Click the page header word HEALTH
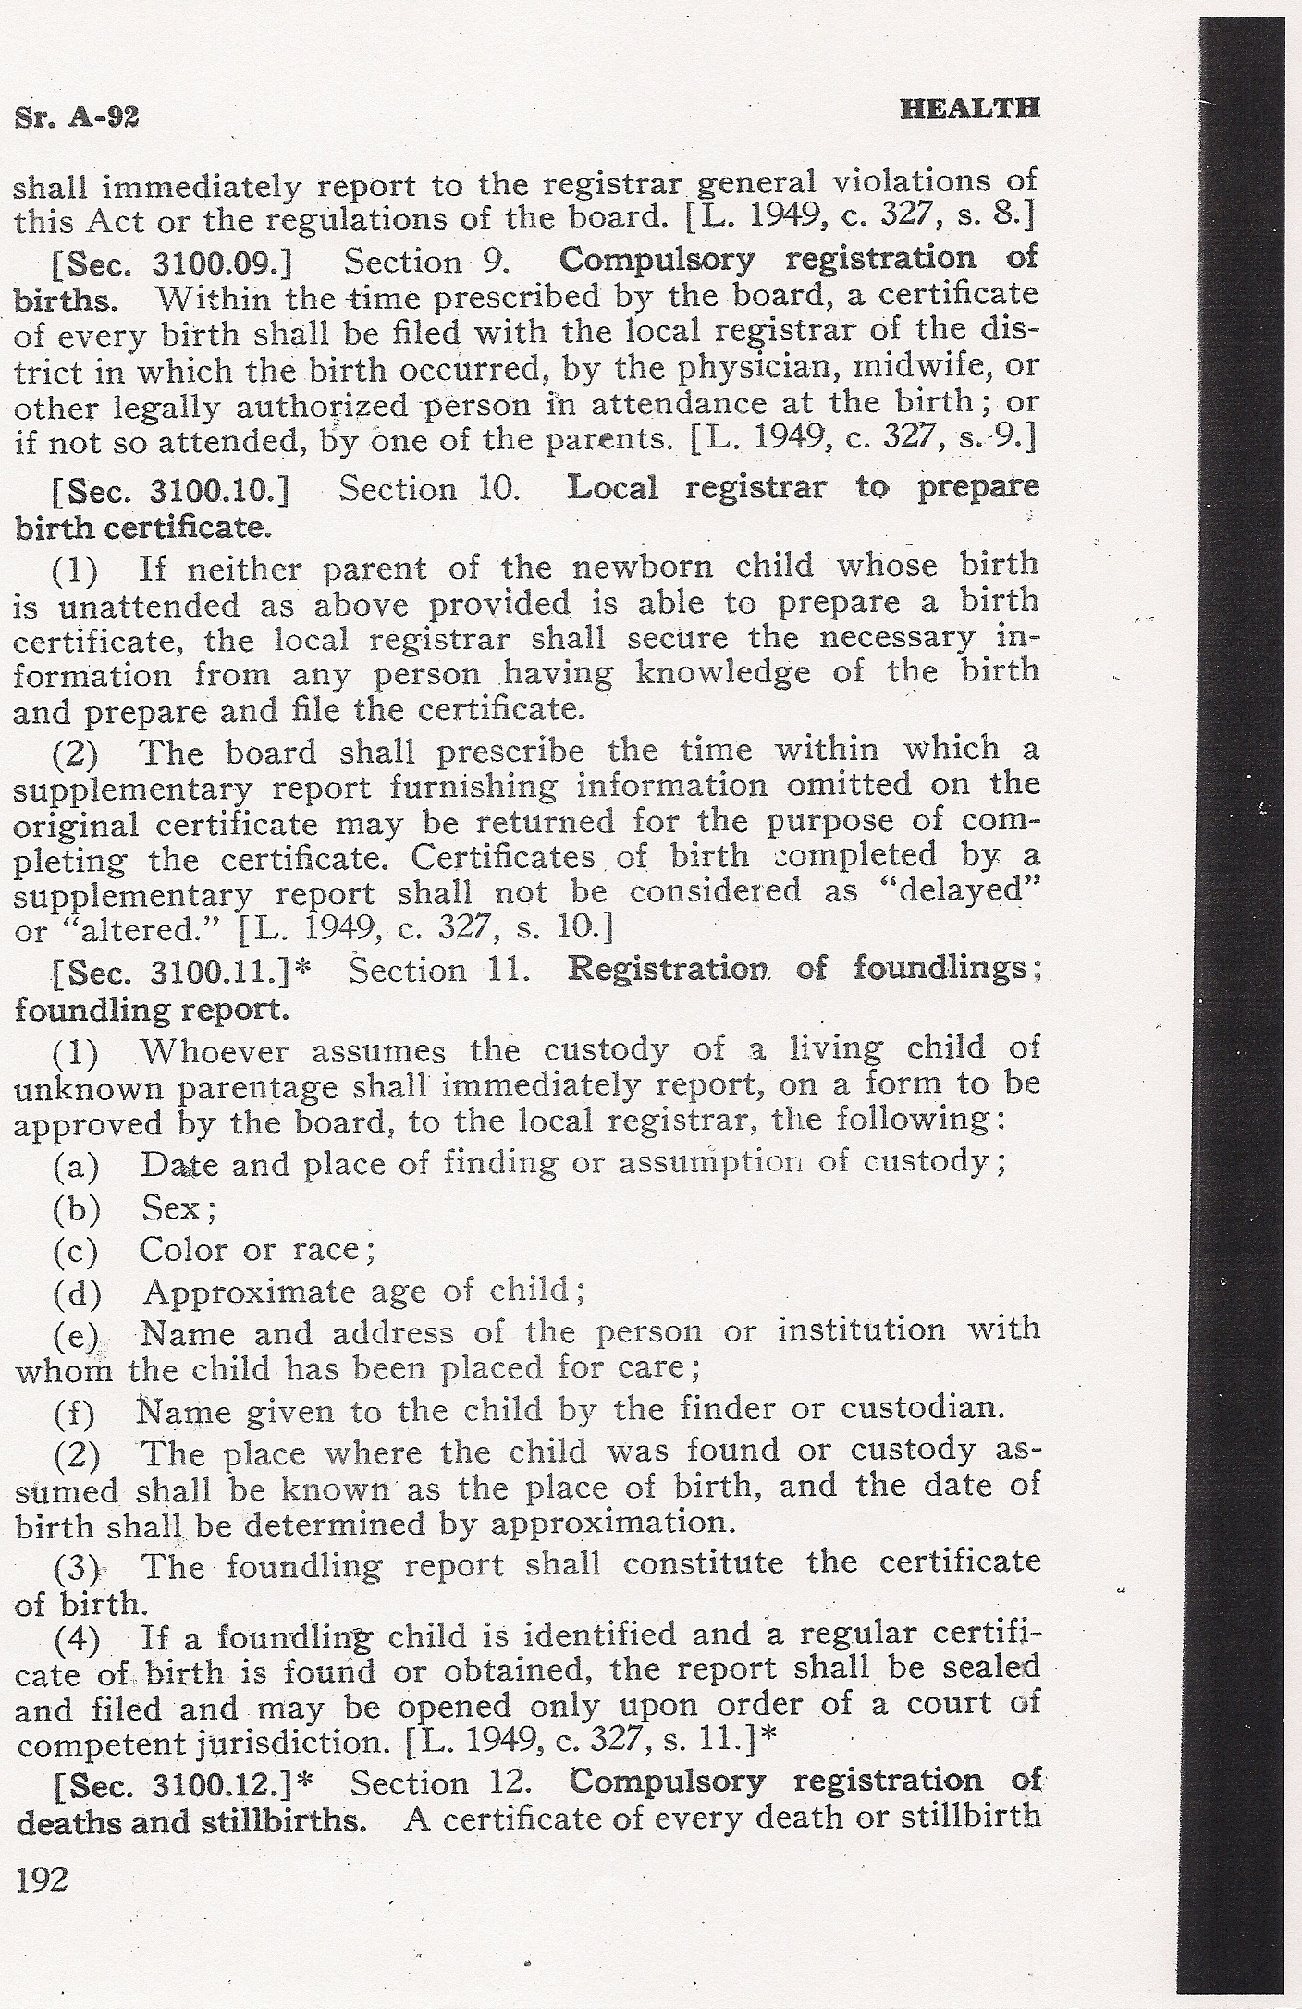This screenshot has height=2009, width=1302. pos(970,108)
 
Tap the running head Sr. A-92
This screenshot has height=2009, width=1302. pos(77,116)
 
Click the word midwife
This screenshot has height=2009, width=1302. pos(938,368)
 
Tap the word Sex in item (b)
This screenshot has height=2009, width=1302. pos(171,1207)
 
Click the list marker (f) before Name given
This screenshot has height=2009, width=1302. pos(76,1412)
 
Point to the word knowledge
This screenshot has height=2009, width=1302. pos(723,673)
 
